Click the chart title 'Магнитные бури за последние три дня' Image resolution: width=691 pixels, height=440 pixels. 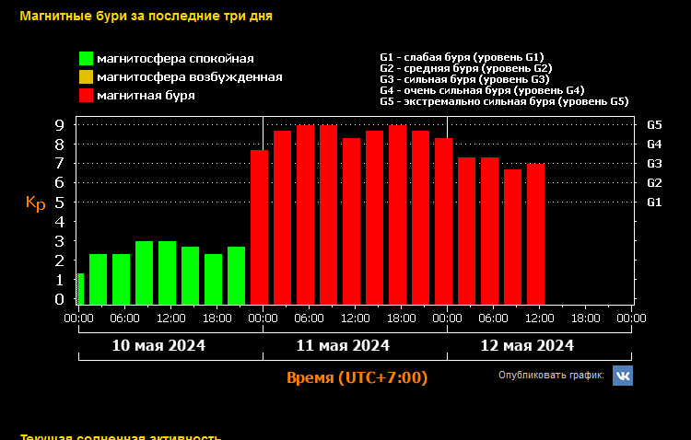tap(146, 16)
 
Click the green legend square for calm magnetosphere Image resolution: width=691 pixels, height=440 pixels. tap(87, 59)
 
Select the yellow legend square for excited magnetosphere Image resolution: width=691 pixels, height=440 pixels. tap(87, 77)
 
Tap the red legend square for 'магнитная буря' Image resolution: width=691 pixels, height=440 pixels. tap(87, 95)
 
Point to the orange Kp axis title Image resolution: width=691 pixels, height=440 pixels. tap(35, 203)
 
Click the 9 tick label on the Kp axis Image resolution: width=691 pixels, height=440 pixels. tap(58, 125)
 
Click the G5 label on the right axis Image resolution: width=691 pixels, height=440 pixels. tap(655, 124)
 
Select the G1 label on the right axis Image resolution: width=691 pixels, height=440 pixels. tap(655, 202)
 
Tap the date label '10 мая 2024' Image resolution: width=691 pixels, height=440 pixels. tap(158, 346)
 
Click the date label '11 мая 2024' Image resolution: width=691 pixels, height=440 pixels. tap(343, 346)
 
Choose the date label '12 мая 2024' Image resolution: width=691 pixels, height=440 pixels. tap(527, 346)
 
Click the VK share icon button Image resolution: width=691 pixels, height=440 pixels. tap(624, 376)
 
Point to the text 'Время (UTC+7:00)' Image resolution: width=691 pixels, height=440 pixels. tap(357, 378)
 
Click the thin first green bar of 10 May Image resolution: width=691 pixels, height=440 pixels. tap(80, 289)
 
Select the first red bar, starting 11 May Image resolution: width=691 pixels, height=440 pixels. tap(259, 226)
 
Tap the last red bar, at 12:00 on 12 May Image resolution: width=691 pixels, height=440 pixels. tap(535, 234)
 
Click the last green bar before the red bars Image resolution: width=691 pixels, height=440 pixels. tap(236, 275)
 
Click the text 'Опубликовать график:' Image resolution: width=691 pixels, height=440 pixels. tap(551, 376)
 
